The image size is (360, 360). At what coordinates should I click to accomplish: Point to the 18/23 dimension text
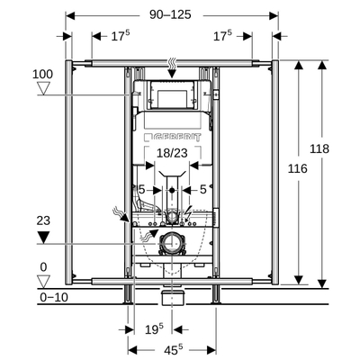[x=172, y=154]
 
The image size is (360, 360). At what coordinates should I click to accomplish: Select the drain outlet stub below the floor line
[x=172, y=296]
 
